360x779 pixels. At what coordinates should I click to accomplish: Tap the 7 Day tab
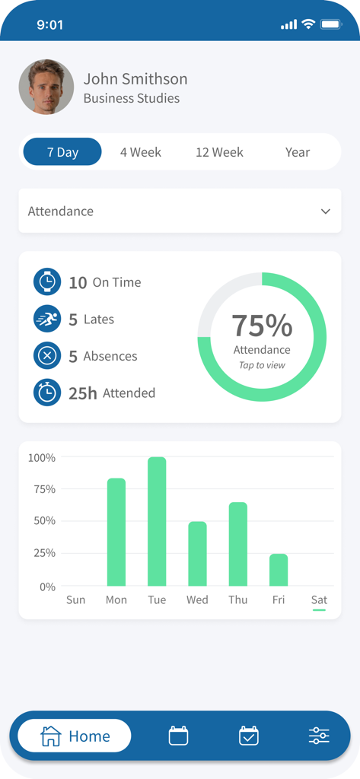pos(62,152)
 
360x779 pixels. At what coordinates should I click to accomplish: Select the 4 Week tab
pos(141,152)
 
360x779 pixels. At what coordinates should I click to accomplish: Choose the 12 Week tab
pos(219,152)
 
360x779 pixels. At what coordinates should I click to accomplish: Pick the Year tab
pos(298,152)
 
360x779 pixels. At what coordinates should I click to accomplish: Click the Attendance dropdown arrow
pos(326,211)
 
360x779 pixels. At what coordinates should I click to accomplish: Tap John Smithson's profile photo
pos(46,87)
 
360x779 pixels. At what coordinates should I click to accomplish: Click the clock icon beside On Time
pos(47,282)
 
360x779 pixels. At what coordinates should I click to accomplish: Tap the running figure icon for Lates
pos(47,319)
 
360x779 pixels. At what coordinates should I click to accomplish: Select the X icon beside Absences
pos(47,355)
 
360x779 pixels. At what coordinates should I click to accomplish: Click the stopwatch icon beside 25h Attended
pos(47,393)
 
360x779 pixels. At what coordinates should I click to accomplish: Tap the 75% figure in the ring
pos(262,326)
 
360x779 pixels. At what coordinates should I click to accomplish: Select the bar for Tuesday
pos(157,521)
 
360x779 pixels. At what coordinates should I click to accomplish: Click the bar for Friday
pos(279,570)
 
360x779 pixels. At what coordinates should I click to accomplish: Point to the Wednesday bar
pos(197,553)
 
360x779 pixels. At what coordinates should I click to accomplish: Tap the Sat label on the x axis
pos(319,600)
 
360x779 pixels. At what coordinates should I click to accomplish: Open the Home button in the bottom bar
pos(75,736)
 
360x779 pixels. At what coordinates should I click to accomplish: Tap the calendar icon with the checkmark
pos(249,736)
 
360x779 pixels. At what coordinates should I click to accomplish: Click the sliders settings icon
pos(319,736)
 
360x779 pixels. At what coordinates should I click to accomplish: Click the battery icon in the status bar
pos(332,24)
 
